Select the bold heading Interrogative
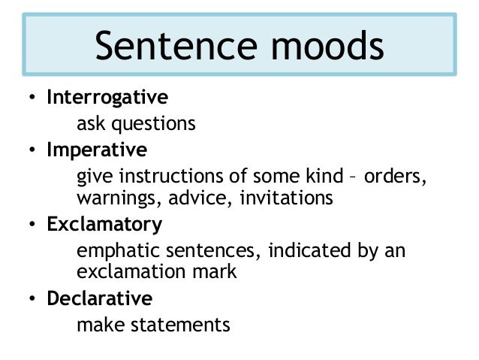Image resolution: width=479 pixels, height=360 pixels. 107,98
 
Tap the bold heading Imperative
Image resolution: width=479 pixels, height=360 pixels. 97,150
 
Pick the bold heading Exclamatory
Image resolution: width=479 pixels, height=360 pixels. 104,225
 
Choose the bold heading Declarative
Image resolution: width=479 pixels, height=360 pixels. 100,298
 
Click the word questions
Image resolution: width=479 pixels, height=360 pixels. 155,123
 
